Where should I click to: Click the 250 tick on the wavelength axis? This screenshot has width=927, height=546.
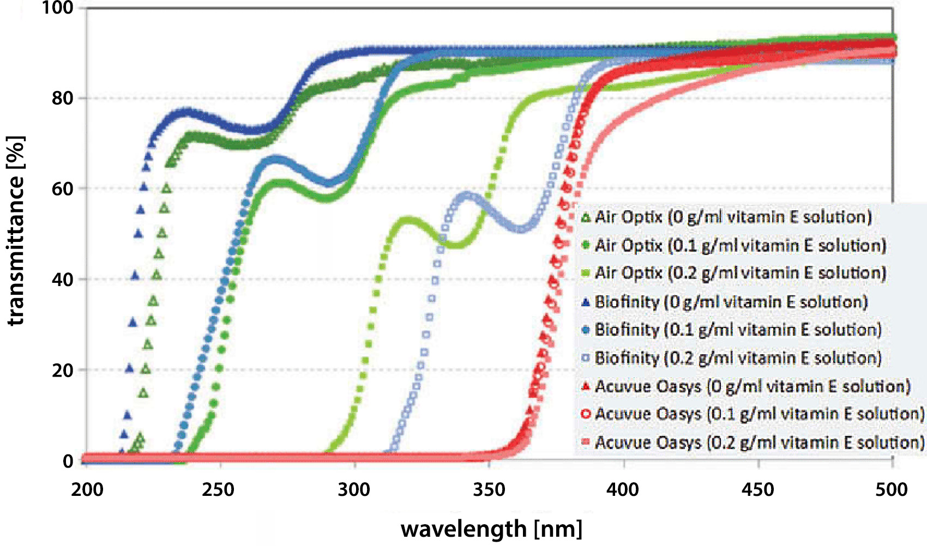220,490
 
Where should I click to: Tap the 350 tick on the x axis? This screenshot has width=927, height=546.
489,490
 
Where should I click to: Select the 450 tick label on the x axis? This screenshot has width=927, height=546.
759,490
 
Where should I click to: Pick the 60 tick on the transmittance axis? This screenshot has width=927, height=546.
62,189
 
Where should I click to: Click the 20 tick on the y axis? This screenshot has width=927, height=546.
62,371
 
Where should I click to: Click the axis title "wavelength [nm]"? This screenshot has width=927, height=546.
491,529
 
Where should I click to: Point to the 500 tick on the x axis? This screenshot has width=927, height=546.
892,490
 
